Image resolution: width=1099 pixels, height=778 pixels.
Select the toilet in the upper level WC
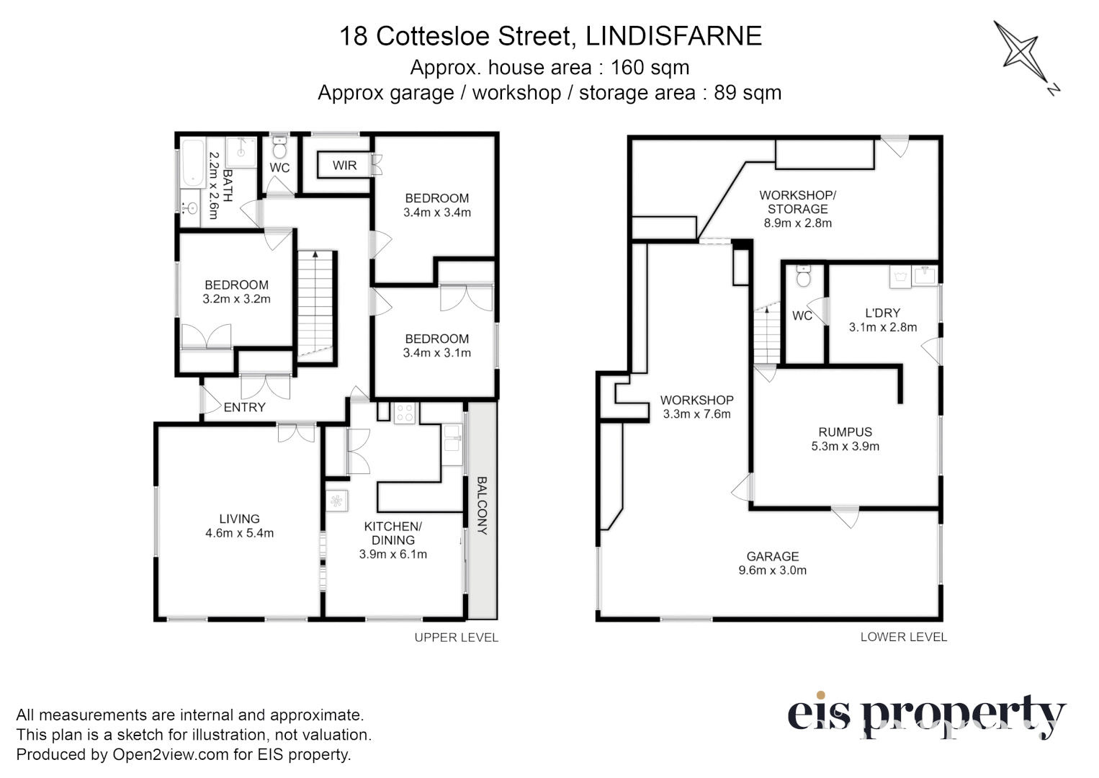(279, 149)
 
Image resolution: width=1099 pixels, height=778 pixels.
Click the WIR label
(344, 165)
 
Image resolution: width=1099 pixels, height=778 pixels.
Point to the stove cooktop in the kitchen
(405, 413)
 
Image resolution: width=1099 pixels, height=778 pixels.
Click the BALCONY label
(482, 505)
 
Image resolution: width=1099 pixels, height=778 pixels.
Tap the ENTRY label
(244, 407)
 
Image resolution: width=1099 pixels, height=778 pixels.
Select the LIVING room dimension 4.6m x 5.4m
(239, 534)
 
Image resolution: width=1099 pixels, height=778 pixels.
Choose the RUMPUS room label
(845, 432)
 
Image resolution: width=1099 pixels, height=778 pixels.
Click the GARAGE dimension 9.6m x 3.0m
(772, 571)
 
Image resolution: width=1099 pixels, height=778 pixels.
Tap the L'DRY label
(882, 313)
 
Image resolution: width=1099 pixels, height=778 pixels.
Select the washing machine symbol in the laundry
(900, 277)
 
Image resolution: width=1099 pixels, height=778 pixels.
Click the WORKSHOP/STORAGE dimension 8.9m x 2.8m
(797, 223)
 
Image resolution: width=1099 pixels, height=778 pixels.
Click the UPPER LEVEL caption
(456, 638)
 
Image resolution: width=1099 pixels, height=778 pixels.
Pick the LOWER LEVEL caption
(903, 637)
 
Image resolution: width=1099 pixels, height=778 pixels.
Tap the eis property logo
(925, 716)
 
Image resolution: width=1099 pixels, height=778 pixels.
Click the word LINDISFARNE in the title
(673, 36)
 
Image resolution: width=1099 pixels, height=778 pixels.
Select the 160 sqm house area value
(650, 68)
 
